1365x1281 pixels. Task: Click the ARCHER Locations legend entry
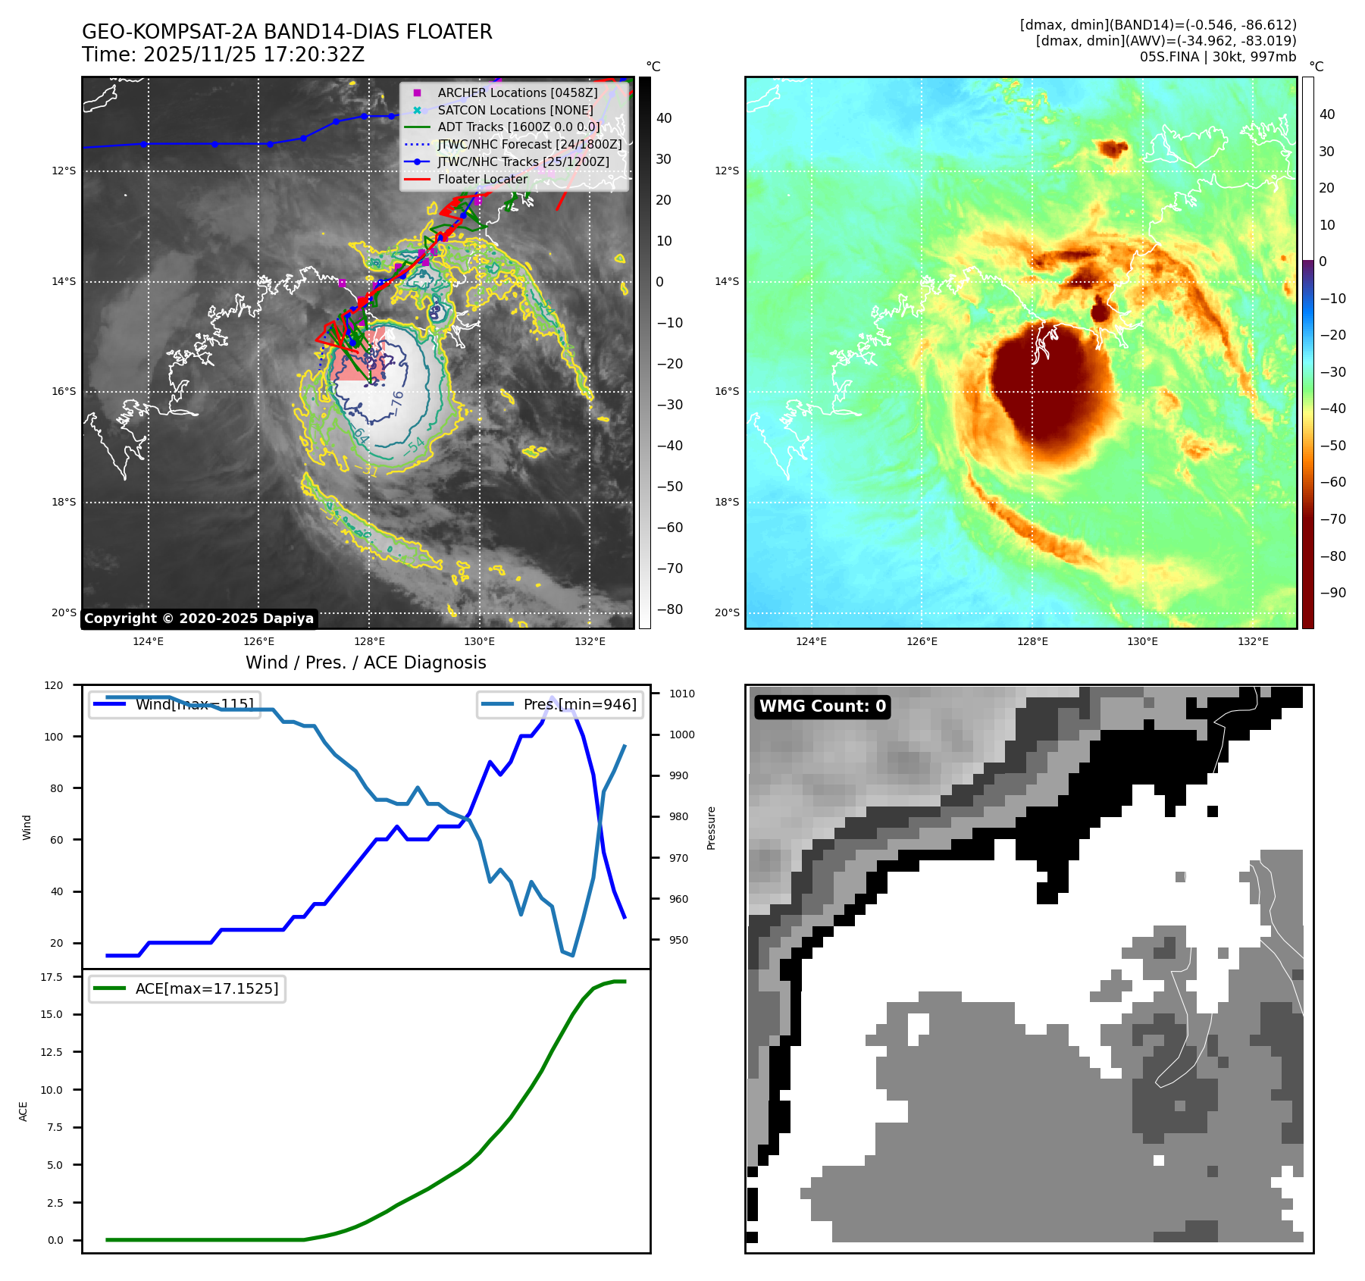click(x=517, y=92)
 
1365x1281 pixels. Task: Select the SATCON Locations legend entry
click(x=515, y=110)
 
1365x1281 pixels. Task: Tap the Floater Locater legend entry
click(x=482, y=179)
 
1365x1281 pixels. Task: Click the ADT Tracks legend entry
click(x=518, y=127)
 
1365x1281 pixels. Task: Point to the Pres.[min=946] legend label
click(x=580, y=704)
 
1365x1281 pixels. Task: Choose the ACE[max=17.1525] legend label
click(x=206, y=988)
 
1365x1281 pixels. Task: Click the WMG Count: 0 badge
click(x=822, y=706)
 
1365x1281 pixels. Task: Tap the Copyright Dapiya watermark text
click(x=199, y=619)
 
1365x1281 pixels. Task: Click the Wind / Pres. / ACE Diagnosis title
click(x=366, y=662)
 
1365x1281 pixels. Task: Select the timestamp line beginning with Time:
click(x=224, y=55)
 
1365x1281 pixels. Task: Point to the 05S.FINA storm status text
click(x=1217, y=57)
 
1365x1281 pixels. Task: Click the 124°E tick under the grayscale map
click(x=148, y=642)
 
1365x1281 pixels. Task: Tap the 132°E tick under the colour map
click(x=1253, y=642)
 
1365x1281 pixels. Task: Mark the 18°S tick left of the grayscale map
click(x=64, y=503)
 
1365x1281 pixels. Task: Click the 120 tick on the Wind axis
click(x=54, y=685)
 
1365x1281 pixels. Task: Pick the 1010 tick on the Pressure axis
click(x=681, y=694)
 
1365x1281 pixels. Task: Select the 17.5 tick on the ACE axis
click(x=52, y=977)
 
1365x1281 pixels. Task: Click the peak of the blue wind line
click(x=552, y=697)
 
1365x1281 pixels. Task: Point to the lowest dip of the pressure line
click(x=572, y=955)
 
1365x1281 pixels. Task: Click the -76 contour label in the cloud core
click(x=396, y=402)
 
